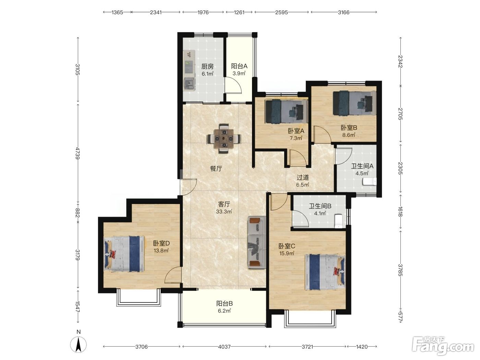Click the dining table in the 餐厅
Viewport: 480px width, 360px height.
coord(224,139)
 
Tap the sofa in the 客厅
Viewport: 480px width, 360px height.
coord(256,242)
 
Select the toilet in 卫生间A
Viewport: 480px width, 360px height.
coord(370,181)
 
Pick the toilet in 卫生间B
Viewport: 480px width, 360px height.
coord(338,221)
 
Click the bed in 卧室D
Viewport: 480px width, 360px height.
coord(124,254)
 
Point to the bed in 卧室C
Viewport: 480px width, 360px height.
coord(325,272)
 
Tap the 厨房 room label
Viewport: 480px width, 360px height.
coord(207,67)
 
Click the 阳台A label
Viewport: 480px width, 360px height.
coord(239,66)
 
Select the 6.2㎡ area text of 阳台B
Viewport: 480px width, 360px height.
coord(224,311)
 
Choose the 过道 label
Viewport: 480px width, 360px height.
coord(303,178)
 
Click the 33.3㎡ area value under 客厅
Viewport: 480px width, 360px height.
coord(224,212)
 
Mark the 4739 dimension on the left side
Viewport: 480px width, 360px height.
coord(77,153)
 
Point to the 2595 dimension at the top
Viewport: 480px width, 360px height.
coord(281,12)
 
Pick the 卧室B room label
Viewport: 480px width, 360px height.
coord(349,128)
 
